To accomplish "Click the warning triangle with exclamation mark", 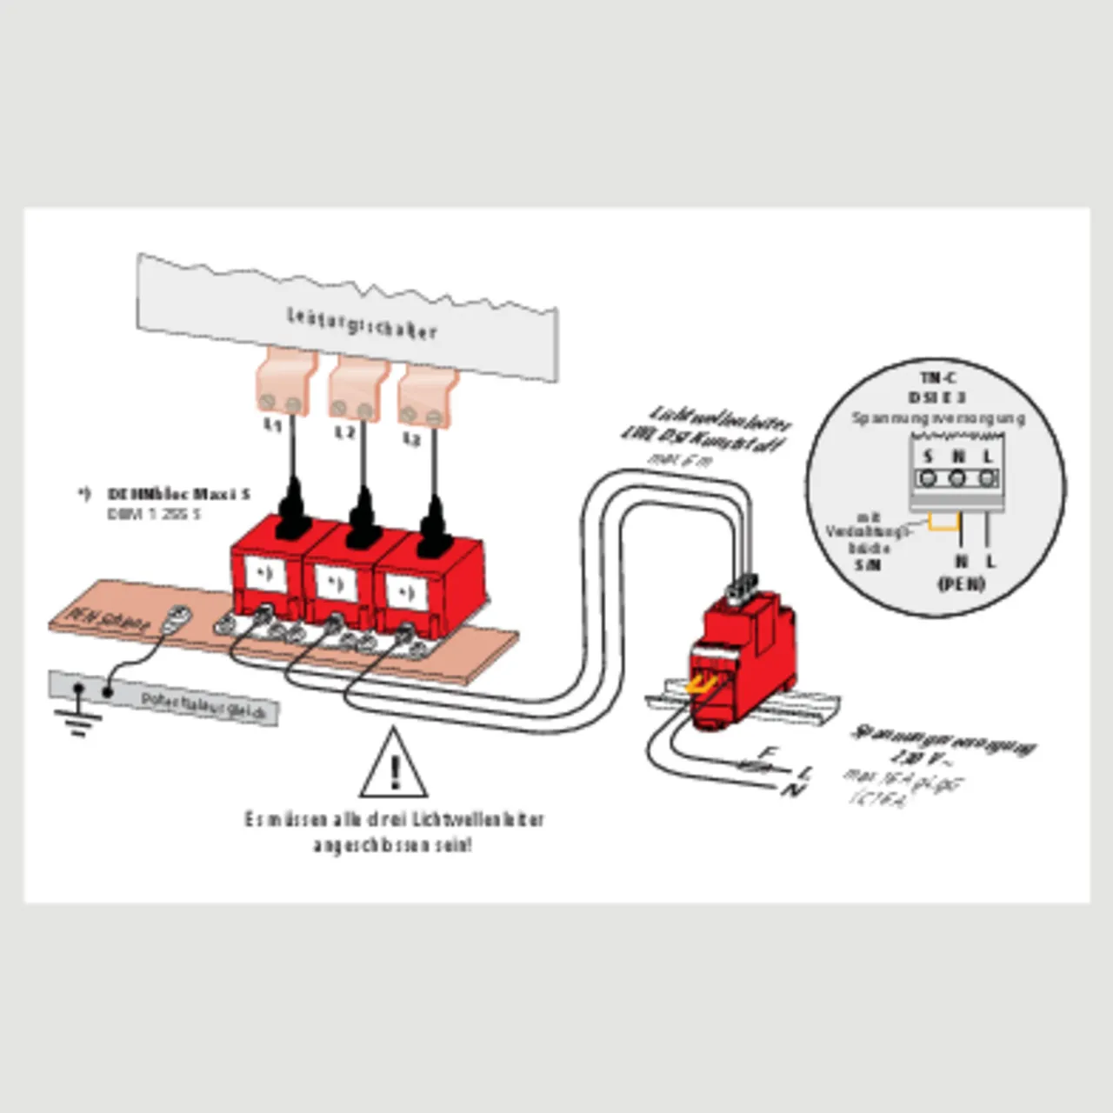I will pyautogui.click(x=394, y=765).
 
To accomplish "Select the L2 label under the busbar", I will pyautogui.click(x=345, y=432).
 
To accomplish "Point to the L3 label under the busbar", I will pyautogui.click(x=411, y=440).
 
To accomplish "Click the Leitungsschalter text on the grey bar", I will pyautogui.click(x=362, y=323).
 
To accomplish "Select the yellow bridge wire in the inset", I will pyautogui.click(x=943, y=522).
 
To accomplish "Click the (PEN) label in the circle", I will pyautogui.click(x=961, y=583).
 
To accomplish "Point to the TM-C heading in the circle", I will pyautogui.click(x=937, y=378).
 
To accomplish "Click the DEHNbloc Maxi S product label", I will pyautogui.click(x=178, y=494).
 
